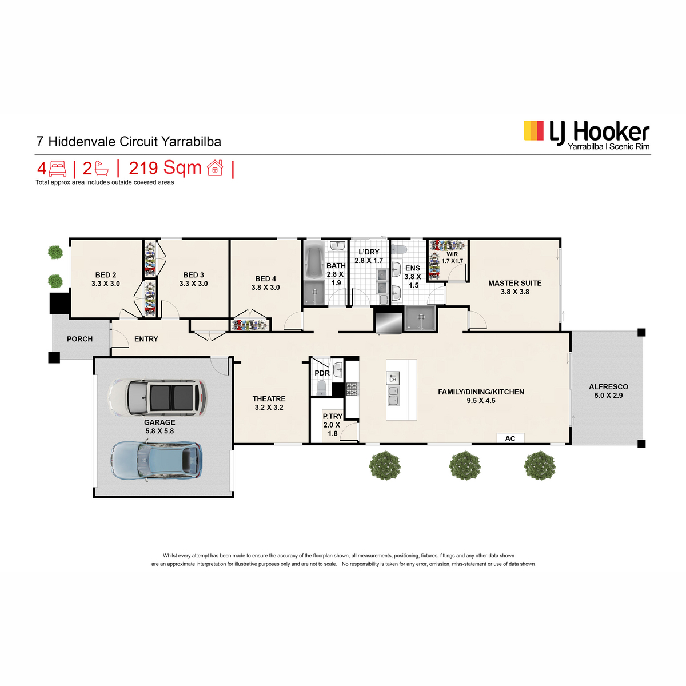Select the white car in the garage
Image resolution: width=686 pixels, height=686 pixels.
[157, 398]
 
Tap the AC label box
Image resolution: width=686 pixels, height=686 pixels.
[510, 438]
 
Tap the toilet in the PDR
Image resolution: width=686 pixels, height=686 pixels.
[321, 388]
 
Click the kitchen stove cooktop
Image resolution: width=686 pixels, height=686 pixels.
[352, 389]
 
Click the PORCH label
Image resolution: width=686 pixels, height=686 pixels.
[79, 339]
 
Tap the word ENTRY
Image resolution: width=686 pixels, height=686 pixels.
[146, 339]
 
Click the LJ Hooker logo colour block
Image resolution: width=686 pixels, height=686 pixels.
[533, 131]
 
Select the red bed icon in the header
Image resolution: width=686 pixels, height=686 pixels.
[58, 169]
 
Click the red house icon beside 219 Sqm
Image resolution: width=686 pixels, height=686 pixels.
[215, 167]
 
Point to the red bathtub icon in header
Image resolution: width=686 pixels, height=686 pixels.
[102, 169]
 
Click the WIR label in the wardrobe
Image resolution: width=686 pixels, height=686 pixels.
[452, 254]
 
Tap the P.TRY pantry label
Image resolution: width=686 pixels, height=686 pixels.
[333, 416]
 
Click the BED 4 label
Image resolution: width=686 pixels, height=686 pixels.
[265, 279]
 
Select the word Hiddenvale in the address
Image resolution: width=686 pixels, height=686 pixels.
[82, 141]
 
